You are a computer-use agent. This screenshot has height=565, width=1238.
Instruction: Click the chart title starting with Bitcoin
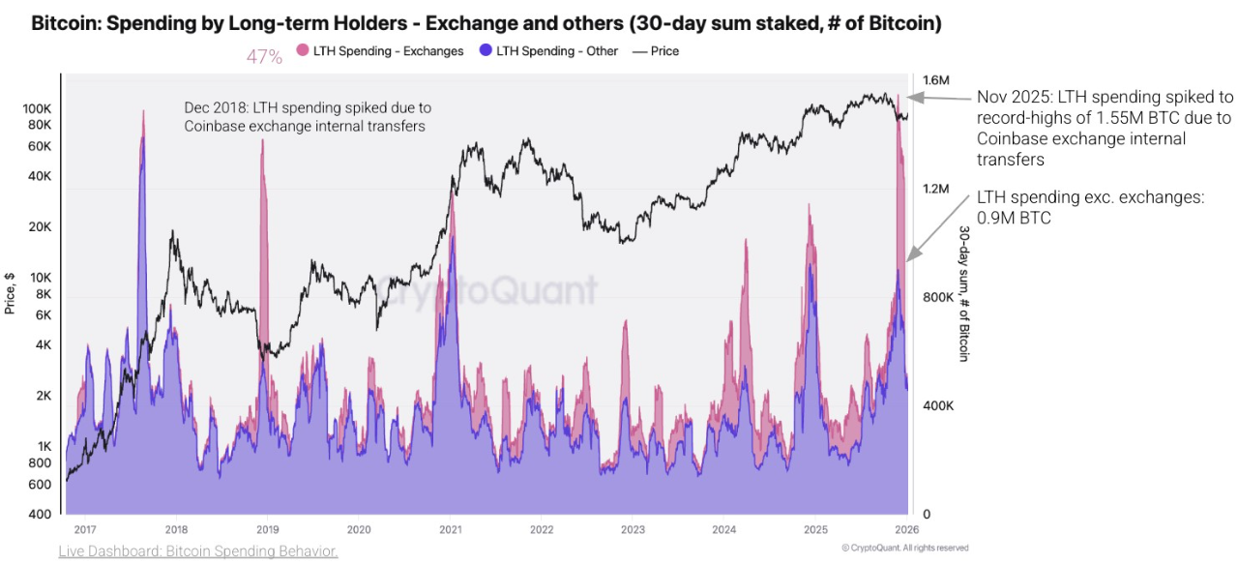click(x=486, y=23)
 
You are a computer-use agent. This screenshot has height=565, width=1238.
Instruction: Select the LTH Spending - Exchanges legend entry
click(x=387, y=51)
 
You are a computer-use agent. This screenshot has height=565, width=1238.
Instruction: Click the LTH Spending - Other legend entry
click(x=556, y=51)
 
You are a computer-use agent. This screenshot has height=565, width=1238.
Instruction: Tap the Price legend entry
click(x=664, y=51)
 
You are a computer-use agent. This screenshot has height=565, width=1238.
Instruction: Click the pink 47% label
click(x=264, y=57)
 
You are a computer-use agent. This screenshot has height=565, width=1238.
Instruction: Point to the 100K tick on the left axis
click(x=38, y=108)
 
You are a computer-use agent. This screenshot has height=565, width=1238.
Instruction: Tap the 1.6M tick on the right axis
click(x=936, y=79)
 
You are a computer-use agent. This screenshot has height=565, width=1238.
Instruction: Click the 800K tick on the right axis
click(x=938, y=297)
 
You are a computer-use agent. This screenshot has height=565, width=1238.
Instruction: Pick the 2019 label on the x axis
click(x=267, y=529)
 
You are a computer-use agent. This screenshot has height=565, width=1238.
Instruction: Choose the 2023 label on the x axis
click(x=633, y=529)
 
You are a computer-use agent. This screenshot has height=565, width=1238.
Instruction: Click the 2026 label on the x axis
click(x=907, y=529)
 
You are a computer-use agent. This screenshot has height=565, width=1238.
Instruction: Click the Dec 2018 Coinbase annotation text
click(x=308, y=116)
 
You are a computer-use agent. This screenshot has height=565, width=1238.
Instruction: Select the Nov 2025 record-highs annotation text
click(x=1104, y=128)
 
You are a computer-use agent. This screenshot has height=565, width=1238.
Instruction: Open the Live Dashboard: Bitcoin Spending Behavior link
click(x=198, y=551)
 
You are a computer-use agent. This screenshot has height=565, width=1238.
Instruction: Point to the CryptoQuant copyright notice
click(x=904, y=548)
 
